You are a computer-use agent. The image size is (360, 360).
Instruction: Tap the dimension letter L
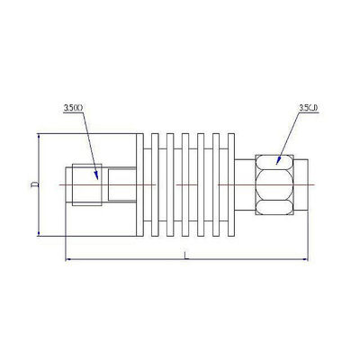click(184, 256)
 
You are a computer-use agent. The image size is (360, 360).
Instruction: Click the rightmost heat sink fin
click(229, 184)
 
